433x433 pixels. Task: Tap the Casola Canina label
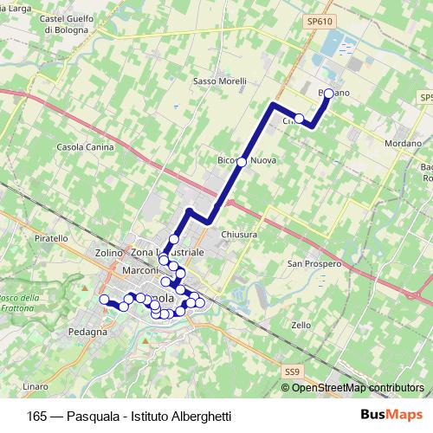pos(85,147)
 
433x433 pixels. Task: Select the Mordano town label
pos(404,143)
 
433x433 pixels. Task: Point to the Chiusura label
pos(240,234)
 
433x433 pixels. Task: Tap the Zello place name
pos(301,325)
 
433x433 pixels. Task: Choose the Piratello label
pos(51,237)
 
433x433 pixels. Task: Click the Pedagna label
pos(91,332)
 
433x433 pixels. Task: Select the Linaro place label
pos(36,385)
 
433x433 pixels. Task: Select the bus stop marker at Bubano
pos(328,94)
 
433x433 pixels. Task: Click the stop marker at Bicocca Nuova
pos(242,162)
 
